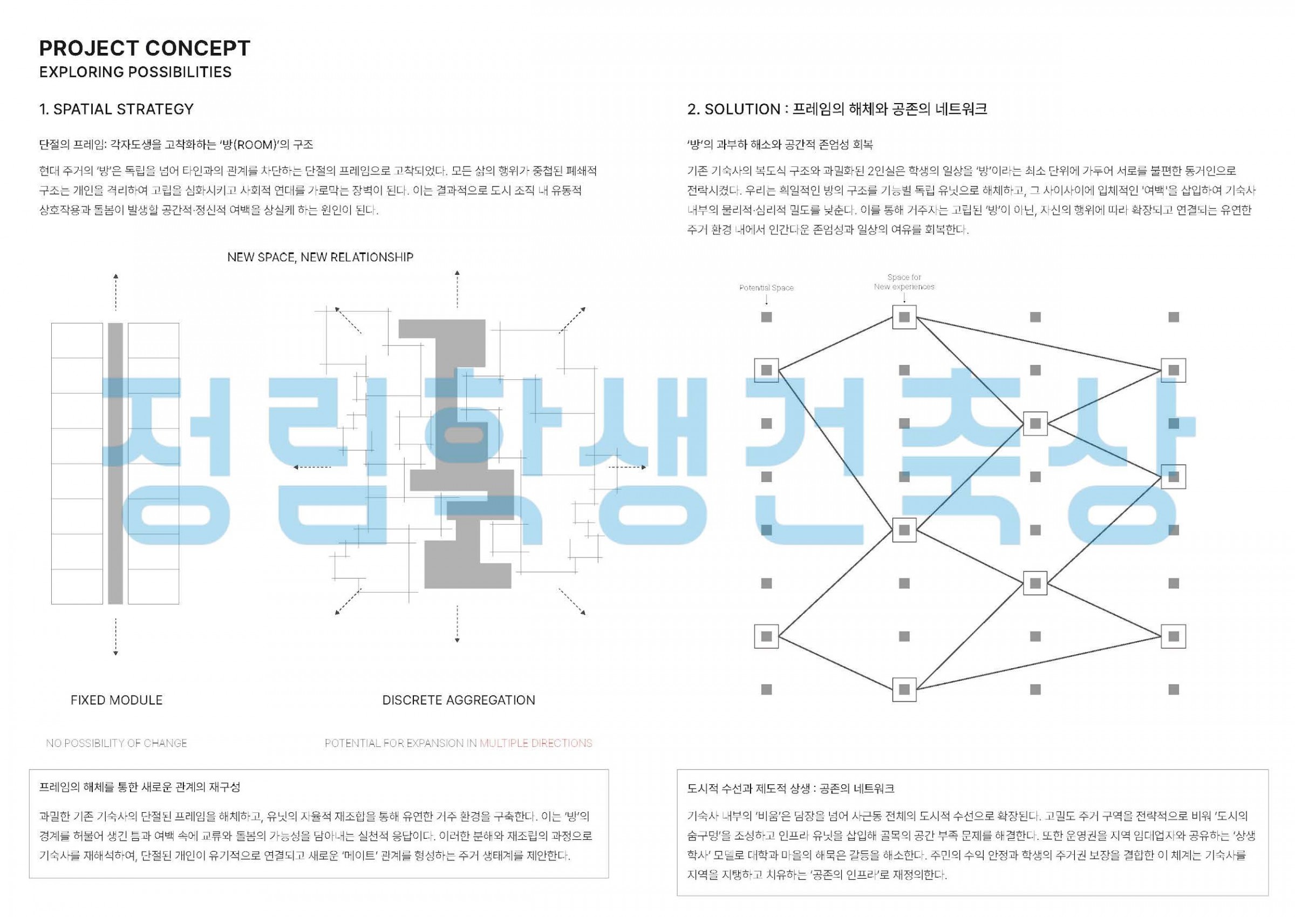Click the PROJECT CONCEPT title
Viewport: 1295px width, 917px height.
click(145, 49)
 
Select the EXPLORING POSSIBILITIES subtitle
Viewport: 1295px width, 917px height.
click(135, 72)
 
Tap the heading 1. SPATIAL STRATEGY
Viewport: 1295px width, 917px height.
click(117, 109)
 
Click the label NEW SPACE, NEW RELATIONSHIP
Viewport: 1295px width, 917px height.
click(320, 257)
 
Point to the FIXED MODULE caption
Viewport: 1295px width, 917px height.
click(117, 700)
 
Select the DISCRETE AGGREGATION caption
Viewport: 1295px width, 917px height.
click(459, 700)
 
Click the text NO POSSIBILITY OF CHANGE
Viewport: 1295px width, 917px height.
click(117, 743)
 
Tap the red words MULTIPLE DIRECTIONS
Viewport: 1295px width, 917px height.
click(536, 743)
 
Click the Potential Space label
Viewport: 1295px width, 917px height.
click(766, 288)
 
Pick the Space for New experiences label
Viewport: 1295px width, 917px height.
click(904, 282)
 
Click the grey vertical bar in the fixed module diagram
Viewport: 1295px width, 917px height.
click(115, 464)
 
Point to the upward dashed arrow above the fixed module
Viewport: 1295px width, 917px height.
click(115, 292)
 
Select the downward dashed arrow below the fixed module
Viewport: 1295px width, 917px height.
click(115, 637)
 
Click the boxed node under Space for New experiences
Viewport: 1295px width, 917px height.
click(904, 317)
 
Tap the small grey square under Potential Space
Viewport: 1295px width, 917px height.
click(766, 317)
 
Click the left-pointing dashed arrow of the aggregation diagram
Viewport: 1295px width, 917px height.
click(312, 467)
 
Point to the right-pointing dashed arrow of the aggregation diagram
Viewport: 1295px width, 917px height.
click(627, 467)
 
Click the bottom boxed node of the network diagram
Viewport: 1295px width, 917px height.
click(904, 689)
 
